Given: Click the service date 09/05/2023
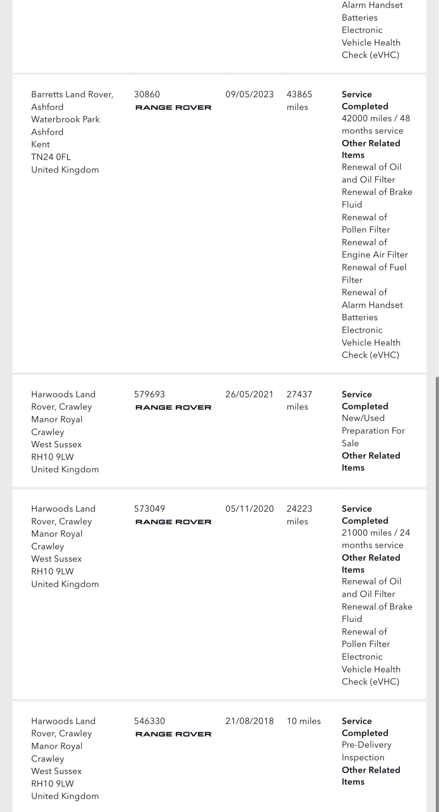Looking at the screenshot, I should (x=249, y=94).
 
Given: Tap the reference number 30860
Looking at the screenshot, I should (x=147, y=94).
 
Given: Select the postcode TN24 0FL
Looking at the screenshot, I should (x=51, y=157).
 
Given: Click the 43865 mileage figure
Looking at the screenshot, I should (x=299, y=94).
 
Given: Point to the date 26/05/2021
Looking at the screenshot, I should (x=249, y=394).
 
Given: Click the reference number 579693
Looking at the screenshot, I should (x=149, y=394).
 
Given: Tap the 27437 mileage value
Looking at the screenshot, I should (x=299, y=394).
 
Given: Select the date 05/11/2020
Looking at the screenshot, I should (x=249, y=508).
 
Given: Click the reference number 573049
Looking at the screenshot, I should (x=149, y=508).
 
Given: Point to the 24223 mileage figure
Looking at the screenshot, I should (x=299, y=508).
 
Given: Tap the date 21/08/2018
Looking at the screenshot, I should (x=249, y=721).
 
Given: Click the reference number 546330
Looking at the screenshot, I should (x=149, y=721).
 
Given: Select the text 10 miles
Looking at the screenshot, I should (x=303, y=721).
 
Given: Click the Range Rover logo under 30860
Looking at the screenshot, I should (x=173, y=108).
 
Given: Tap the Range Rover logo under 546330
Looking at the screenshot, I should (x=173, y=734).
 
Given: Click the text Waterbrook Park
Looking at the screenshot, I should (x=65, y=119).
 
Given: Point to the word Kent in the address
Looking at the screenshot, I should (x=40, y=144).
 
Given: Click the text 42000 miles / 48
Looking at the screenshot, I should (x=375, y=118).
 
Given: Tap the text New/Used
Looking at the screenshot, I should (x=363, y=418).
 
